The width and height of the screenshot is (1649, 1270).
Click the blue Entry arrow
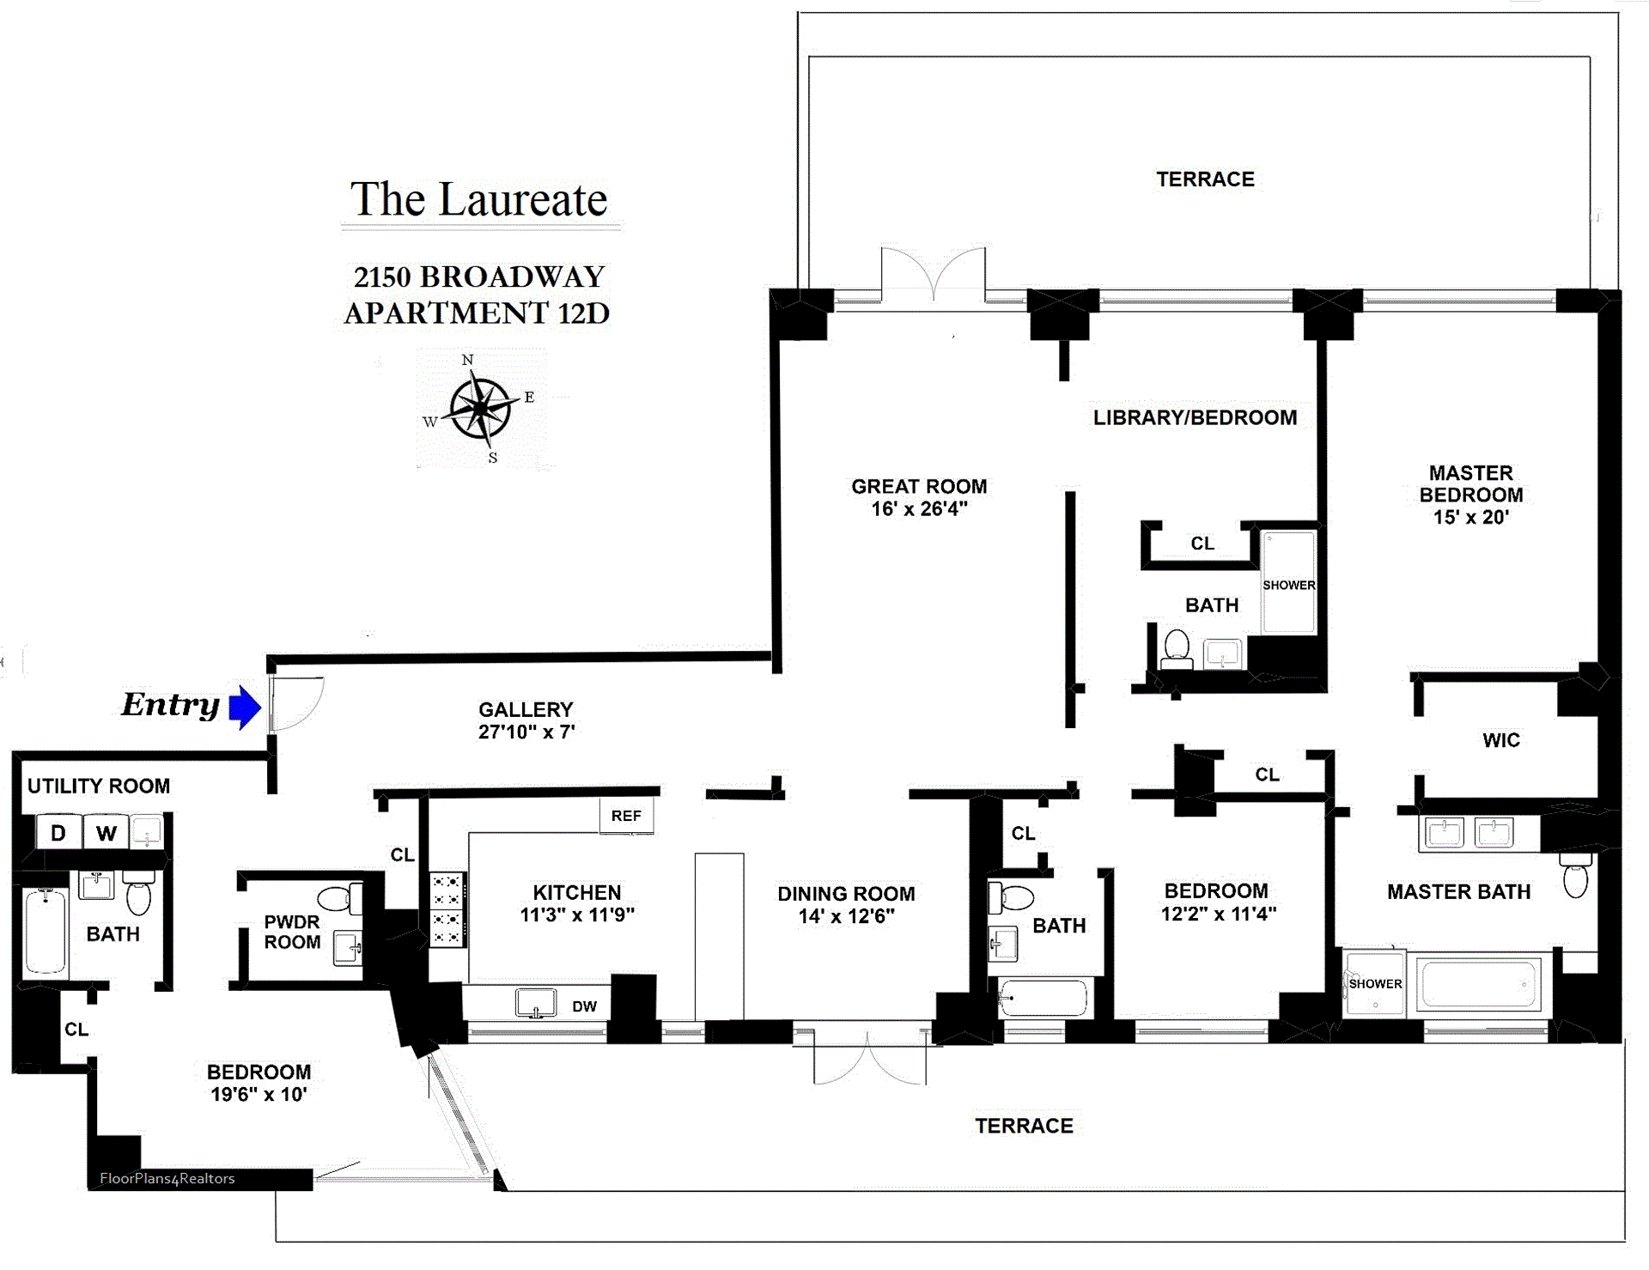point(246,708)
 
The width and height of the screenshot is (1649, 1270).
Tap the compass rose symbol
point(480,408)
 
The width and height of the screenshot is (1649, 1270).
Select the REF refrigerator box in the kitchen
point(626,816)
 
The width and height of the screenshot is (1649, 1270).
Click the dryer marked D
point(58,832)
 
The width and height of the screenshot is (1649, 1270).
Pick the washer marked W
point(106,832)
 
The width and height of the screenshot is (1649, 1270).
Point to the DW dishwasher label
point(584,1006)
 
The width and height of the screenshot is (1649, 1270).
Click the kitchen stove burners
point(447,909)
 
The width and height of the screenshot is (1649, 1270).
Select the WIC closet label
point(1501,740)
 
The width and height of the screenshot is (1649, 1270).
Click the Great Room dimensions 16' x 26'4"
point(919,509)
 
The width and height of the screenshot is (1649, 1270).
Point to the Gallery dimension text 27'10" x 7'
point(526,732)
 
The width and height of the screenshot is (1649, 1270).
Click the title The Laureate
point(479,200)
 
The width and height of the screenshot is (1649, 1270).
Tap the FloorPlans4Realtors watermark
point(167,1178)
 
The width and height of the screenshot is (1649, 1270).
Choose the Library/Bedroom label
point(1195,418)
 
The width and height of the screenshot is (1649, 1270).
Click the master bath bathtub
point(1478,983)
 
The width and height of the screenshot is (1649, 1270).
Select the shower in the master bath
point(1374,983)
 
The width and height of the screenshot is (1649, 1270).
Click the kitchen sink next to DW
point(536,1003)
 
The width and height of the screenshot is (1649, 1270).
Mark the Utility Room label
point(99,786)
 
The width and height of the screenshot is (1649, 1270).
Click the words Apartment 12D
point(477,313)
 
